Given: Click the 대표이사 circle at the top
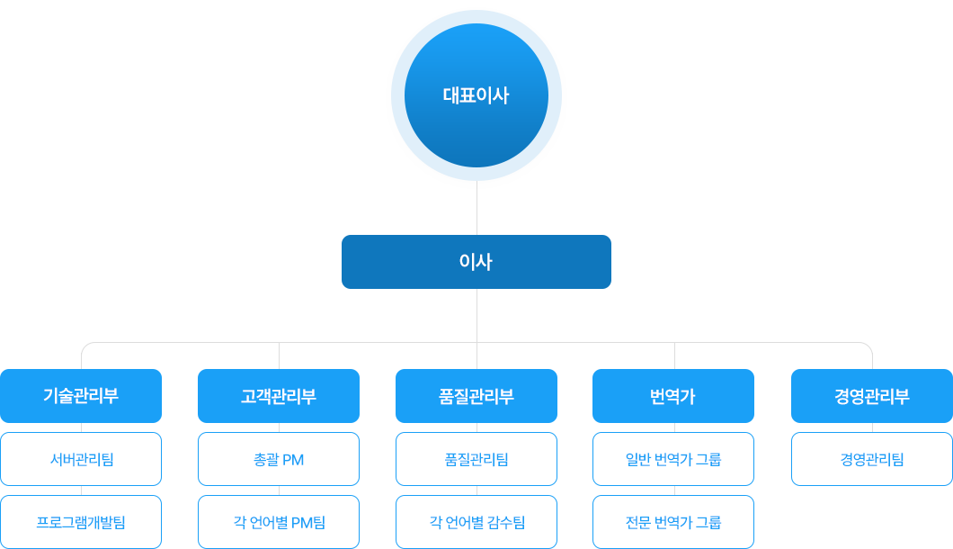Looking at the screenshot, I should tap(476, 95).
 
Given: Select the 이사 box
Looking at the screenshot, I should tap(476, 262).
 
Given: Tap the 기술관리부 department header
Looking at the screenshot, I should tap(81, 396).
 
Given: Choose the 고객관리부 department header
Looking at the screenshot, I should tap(278, 396).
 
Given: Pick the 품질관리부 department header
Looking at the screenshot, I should tap(476, 396).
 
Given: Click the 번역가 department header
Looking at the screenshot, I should tap(672, 396).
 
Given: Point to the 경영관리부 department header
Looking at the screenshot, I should tap(871, 396).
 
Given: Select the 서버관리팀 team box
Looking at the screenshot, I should tap(81, 459).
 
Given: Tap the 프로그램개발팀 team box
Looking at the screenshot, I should tap(81, 522).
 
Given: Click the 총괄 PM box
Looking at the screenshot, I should tap(279, 459).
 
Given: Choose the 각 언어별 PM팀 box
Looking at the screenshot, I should tap(279, 522).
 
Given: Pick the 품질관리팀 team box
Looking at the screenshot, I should tap(476, 459).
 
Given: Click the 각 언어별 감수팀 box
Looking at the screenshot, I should tap(476, 522).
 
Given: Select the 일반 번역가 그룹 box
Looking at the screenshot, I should tap(672, 459).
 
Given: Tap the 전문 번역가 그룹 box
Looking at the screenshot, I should tap(672, 522).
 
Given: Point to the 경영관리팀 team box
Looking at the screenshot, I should tap(871, 459).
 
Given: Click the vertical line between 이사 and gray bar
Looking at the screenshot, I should tap(476, 315).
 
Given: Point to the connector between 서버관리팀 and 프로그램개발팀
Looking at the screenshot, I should tap(81, 490).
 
